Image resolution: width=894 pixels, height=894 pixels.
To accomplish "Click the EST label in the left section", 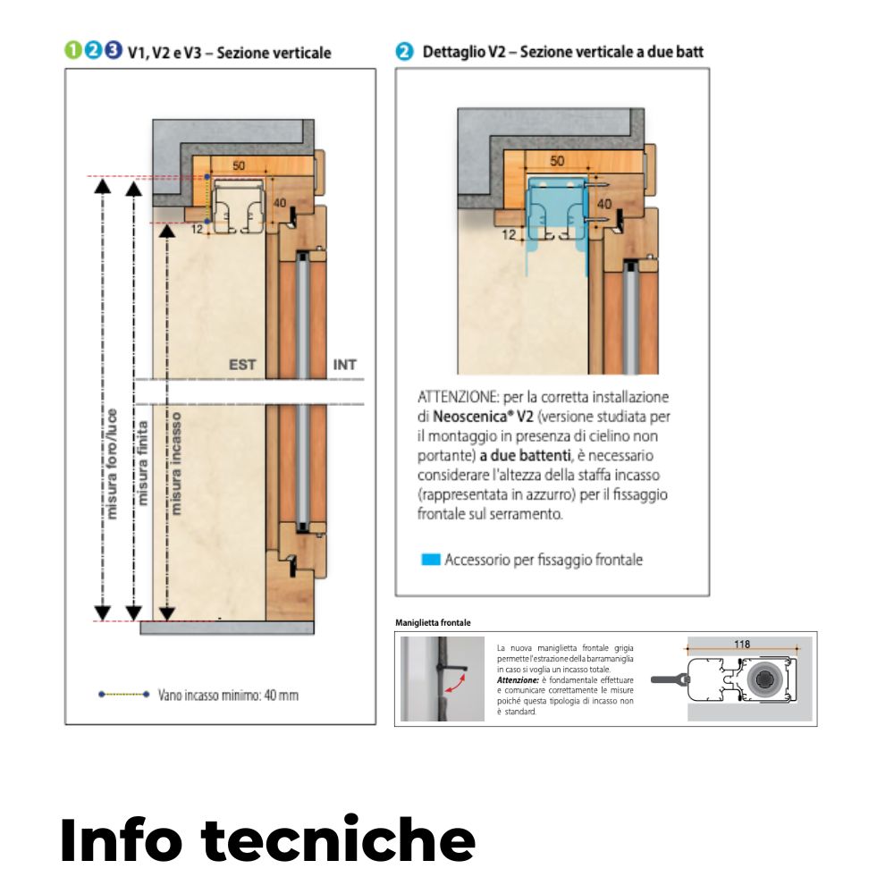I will click(x=242, y=365).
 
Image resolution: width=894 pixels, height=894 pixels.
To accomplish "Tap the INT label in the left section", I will click(x=345, y=365).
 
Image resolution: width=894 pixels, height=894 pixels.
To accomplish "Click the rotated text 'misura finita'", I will click(x=144, y=460).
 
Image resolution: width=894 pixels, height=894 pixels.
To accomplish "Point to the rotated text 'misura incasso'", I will click(x=176, y=463).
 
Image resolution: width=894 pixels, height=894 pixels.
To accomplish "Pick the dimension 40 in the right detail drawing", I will click(x=604, y=205).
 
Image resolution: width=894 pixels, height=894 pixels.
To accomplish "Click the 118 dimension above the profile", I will click(x=741, y=644).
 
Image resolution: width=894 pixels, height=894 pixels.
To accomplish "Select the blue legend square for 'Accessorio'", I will click(x=431, y=561).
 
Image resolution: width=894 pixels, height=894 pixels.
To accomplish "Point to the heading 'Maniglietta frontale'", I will click(x=432, y=622).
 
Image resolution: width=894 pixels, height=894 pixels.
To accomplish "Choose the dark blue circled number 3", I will click(x=112, y=51).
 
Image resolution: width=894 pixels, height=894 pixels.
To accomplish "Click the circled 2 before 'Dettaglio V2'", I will click(x=405, y=52).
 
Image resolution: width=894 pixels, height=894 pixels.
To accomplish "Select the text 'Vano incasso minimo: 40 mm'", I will click(x=228, y=694).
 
